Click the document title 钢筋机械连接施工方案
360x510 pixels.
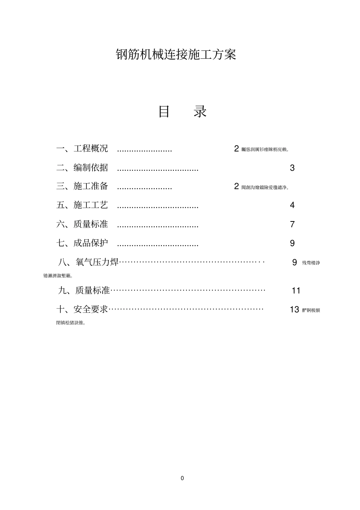click(176, 55)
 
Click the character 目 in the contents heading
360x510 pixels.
click(164, 112)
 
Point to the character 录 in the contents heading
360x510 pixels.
click(200, 112)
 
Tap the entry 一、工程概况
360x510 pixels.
click(82, 148)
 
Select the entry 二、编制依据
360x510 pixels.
click(82, 167)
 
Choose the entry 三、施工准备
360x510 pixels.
click(82, 186)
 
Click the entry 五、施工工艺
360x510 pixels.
click(82, 205)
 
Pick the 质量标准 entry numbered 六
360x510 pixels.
click(82, 224)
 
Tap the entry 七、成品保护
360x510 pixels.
click(82, 243)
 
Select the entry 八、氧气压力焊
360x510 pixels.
click(88, 262)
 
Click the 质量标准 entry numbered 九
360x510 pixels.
click(84, 290)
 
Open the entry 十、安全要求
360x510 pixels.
click(82, 309)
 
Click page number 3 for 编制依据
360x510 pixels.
click(292, 168)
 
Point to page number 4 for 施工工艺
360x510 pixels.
click(292, 205)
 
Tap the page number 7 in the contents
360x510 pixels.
click(292, 224)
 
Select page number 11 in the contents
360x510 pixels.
click(296, 291)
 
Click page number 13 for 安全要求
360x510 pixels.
click(294, 310)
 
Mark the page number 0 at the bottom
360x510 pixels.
click(182, 478)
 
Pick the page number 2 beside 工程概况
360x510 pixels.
click(236, 149)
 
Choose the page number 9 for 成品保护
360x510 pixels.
click(292, 243)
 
